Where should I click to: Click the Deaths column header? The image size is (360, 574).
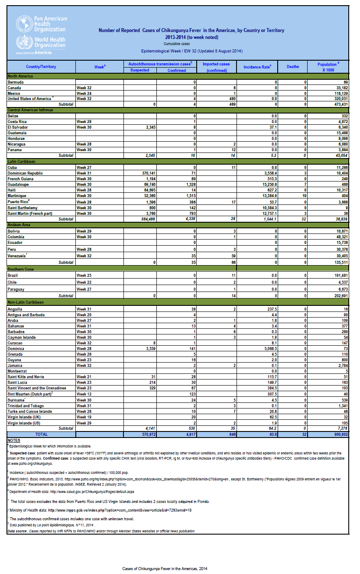click(292, 67)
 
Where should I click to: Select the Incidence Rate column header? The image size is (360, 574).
click(257, 67)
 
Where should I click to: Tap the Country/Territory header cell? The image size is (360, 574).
click(41, 67)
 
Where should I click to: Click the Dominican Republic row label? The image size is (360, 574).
click(25, 173)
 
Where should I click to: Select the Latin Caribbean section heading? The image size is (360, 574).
click(21, 162)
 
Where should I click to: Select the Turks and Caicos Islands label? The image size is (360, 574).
click(29, 411)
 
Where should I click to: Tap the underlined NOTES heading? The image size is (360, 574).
click(13, 440)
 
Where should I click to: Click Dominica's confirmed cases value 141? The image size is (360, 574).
click(182, 349)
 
